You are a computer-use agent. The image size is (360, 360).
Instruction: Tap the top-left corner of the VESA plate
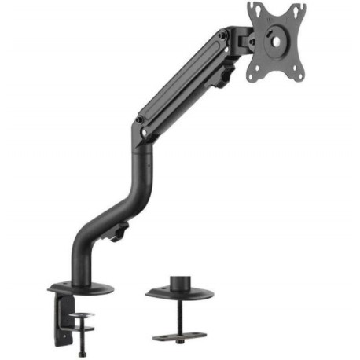(x=252, y=7)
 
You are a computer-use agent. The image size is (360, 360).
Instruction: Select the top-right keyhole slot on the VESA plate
(x=299, y=9)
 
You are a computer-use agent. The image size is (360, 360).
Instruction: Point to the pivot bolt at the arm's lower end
(x=140, y=120)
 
